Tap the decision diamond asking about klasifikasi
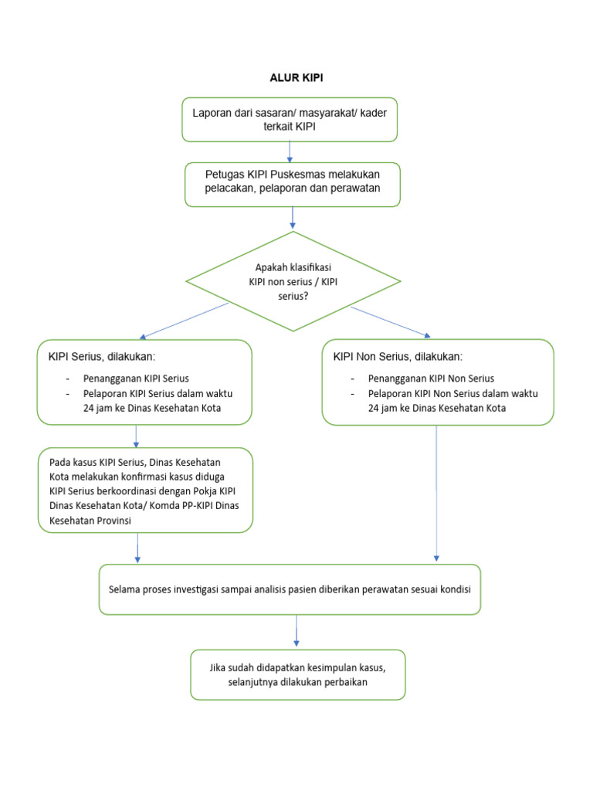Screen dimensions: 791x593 293,281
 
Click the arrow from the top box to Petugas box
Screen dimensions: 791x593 290,151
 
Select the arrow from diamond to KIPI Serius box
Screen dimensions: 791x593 184,321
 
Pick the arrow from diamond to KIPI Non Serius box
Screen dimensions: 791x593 391,321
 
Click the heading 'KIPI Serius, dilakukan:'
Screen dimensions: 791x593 102,357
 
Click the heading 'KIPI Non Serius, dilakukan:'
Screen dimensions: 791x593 398,357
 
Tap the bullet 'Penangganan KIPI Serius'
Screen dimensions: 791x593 136,379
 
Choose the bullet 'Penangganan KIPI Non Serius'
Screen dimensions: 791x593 431,379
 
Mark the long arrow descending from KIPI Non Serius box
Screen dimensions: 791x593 437,494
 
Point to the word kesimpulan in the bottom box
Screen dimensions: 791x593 315,667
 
